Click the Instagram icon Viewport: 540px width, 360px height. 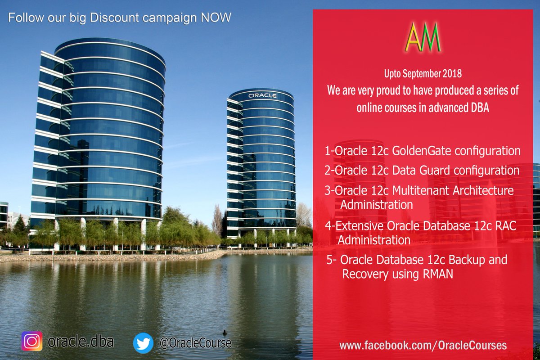tap(32, 342)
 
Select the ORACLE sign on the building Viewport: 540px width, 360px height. tap(262, 96)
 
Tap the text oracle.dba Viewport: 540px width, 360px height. tap(81, 342)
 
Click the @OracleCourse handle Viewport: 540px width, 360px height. tap(195, 343)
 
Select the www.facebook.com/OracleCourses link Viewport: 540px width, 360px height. tap(423, 346)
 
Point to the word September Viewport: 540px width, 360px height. tap(423, 72)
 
